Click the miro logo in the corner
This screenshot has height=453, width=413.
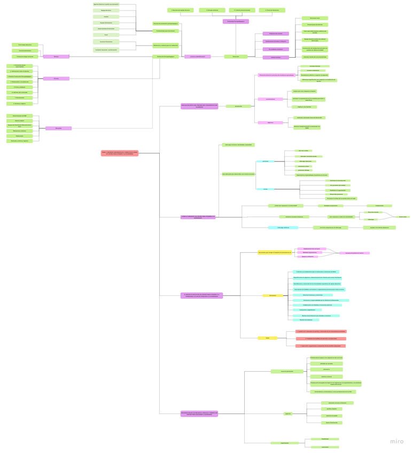point(396,441)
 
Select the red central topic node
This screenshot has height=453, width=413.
point(120,153)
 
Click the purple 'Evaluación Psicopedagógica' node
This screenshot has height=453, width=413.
point(236,21)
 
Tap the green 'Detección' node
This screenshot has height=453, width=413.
point(236,57)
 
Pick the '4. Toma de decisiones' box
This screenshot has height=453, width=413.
point(272,10)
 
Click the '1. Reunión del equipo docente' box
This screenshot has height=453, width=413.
point(181,10)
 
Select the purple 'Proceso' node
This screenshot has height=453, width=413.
point(56,79)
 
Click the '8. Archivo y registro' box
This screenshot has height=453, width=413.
point(19,104)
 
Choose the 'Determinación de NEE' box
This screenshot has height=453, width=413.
point(19,116)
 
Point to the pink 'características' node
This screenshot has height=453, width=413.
point(270,99)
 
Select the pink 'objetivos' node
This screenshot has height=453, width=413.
point(270,123)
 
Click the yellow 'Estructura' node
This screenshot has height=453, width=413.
point(272,295)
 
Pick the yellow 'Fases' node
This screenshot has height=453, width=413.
point(267,338)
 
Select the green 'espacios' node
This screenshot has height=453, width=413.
point(288,413)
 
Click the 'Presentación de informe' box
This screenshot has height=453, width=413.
point(315,25)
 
